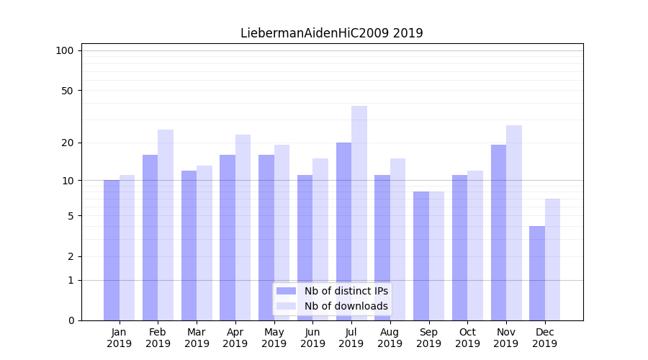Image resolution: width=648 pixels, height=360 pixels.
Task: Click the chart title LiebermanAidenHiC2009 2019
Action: coord(332,33)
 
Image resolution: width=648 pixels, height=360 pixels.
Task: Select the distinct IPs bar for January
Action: coord(112,250)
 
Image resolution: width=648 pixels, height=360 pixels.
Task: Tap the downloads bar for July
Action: coord(359,213)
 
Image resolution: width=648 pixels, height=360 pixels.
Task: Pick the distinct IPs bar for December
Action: coord(537,273)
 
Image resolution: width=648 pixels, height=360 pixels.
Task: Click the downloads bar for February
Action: coord(166,225)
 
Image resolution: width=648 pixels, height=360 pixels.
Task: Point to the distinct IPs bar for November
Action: coord(498,233)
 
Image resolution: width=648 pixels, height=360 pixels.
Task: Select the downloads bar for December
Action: coord(552,259)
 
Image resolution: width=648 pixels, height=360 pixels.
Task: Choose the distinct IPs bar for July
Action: coord(343,231)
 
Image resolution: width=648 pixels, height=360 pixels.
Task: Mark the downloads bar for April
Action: coord(243,228)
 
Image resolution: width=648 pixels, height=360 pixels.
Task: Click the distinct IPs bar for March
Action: coord(189,246)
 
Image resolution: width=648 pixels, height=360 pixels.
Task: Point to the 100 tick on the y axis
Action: coord(65,50)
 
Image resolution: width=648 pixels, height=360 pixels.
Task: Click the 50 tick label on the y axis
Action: coord(68,91)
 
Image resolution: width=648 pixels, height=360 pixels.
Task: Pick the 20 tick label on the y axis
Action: coord(68,143)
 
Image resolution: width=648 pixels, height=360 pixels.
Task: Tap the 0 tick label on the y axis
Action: coord(71,320)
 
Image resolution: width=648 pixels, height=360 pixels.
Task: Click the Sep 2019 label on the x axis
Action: coord(428,338)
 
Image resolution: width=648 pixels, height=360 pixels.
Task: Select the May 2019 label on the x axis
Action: coord(274,338)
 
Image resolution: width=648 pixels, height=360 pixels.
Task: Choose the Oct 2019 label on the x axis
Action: coord(467,338)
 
